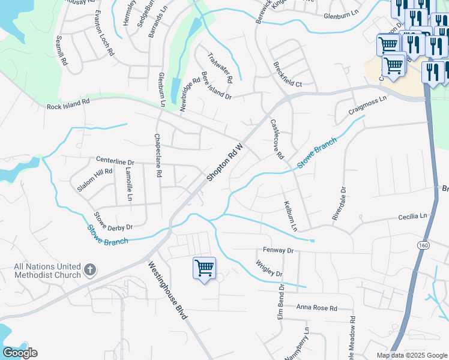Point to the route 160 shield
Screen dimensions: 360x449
(424, 245)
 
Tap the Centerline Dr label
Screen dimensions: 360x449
(115, 161)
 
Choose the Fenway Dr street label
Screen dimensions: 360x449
(278, 250)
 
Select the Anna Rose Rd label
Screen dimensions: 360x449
(317, 308)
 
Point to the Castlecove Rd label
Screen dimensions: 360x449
(276, 139)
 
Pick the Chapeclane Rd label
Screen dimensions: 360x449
(158, 155)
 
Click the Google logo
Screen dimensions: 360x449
(20, 353)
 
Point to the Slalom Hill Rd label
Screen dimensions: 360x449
(95, 180)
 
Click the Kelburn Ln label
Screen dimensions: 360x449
(291, 216)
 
